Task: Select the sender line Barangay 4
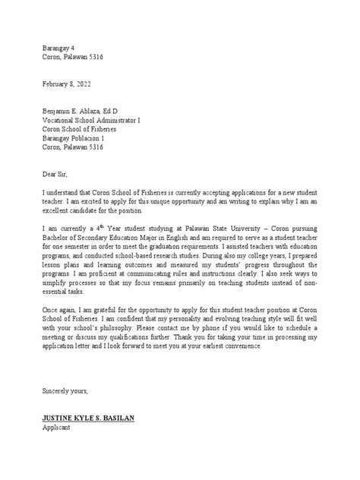59,45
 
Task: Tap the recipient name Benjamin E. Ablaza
76,110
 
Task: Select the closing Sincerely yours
65,390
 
